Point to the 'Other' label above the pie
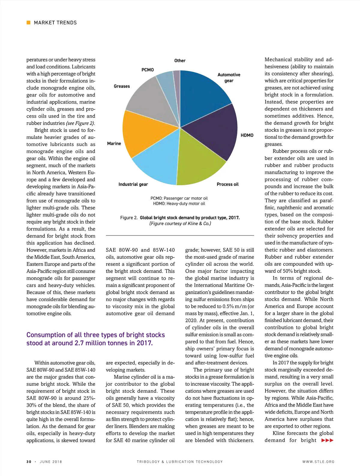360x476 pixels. (x=180, y=61)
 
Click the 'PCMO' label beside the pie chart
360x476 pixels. (x=148, y=70)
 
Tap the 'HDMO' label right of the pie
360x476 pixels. (x=247, y=135)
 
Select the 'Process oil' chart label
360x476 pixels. (x=227, y=184)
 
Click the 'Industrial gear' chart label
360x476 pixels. (x=133, y=184)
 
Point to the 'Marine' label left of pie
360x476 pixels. (x=114, y=144)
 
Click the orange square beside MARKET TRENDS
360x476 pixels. (x=28, y=22)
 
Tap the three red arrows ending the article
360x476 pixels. (x=327, y=440)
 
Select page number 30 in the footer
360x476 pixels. (x=29, y=462)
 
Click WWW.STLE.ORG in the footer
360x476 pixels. (x=318, y=462)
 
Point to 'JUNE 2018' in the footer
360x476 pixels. (x=51, y=462)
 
